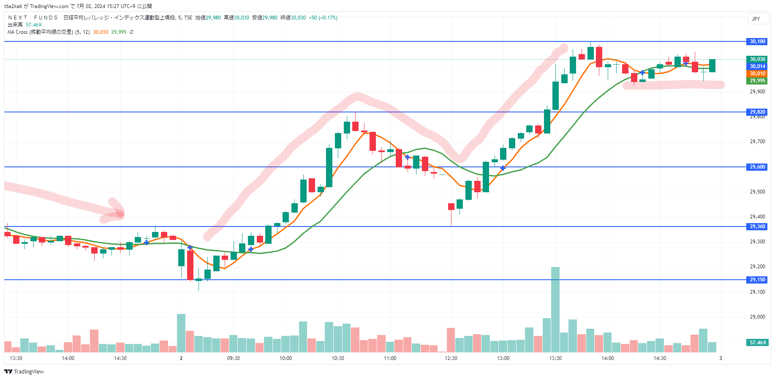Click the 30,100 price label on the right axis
coord(757,41)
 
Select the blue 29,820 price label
coord(757,112)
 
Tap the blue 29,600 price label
coord(757,167)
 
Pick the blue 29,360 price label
coord(757,226)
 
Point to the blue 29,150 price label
coord(757,280)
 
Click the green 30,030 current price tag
coord(757,59)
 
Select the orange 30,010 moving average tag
coord(757,74)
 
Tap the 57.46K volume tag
coord(758,343)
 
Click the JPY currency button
coord(756,19)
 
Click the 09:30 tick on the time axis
coord(233,358)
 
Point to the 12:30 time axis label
coord(451,358)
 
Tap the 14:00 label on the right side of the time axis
coord(607,358)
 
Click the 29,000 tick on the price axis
coord(757,317)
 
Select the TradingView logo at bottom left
coord(24,372)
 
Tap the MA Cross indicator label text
coord(40,32)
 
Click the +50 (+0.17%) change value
coord(323,18)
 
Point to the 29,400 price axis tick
coord(757,217)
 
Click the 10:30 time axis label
coord(338,358)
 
